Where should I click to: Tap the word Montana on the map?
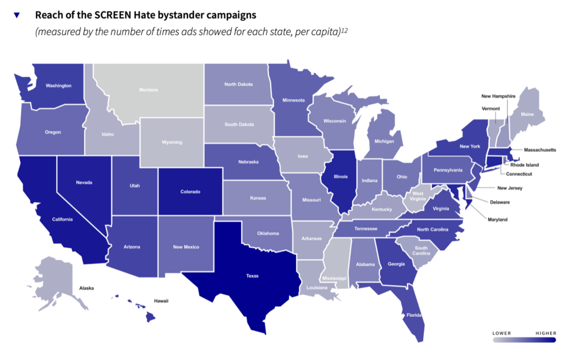(x=149, y=90)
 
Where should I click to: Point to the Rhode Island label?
(x=524, y=165)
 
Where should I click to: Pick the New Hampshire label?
(x=498, y=96)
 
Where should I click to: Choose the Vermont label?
(x=490, y=108)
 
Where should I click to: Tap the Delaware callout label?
(x=499, y=202)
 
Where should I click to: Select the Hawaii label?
(x=161, y=301)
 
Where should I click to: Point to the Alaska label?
(x=86, y=288)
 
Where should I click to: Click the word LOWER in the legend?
(x=502, y=333)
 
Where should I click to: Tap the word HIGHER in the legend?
(x=545, y=333)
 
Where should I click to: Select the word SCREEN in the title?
(x=116, y=14)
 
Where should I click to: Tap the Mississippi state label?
(x=334, y=278)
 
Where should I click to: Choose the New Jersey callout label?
(x=510, y=188)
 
